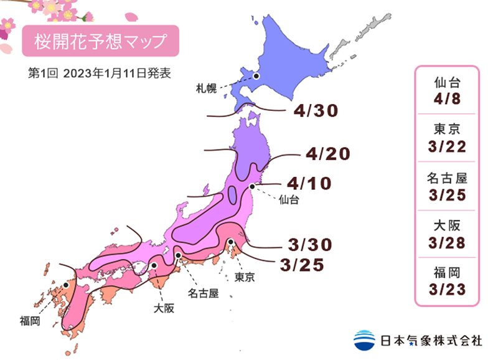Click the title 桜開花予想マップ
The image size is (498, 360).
tap(100, 42)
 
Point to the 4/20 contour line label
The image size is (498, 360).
tap(327, 154)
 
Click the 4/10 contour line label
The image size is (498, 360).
tap(310, 184)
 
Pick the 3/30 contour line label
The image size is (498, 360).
tap(309, 243)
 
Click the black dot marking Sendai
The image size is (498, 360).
tap(252, 186)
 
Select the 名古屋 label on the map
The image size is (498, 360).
tap(203, 291)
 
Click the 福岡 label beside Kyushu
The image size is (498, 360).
tap(30, 321)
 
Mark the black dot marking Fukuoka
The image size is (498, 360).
tap(65, 286)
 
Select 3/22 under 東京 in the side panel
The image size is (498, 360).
tap(447, 146)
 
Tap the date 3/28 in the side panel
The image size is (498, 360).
tap(447, 242)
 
